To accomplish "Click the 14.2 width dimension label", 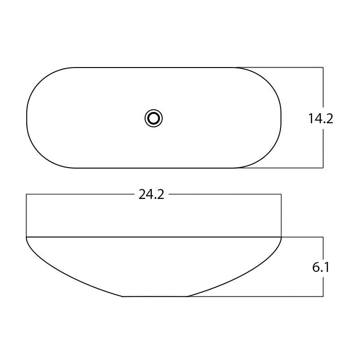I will point(320,119).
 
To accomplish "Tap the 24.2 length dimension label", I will point(151,194).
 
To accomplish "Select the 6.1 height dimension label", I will point(320,267).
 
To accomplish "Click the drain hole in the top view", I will point(154,118).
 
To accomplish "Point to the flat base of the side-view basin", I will point(155,296).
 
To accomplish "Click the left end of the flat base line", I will point(123,296).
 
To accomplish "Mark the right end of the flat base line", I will point(187,296).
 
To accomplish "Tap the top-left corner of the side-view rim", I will point(27,237).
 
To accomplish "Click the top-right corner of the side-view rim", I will point(281,237).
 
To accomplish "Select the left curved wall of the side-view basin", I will point(63,275).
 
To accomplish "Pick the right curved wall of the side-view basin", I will point(245,275).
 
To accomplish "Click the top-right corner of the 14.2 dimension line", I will point(323,68).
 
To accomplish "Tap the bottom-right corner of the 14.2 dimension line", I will point(323,168).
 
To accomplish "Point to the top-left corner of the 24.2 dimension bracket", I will point(27,194).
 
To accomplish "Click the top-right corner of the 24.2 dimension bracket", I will point(281,194).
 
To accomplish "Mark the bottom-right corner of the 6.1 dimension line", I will point(323,296).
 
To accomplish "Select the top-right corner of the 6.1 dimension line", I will point(323,237).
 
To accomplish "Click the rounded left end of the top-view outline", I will point(27,118).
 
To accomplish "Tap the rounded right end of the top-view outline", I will point(281,118).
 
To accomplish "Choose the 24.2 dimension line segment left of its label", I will point(82,194).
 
